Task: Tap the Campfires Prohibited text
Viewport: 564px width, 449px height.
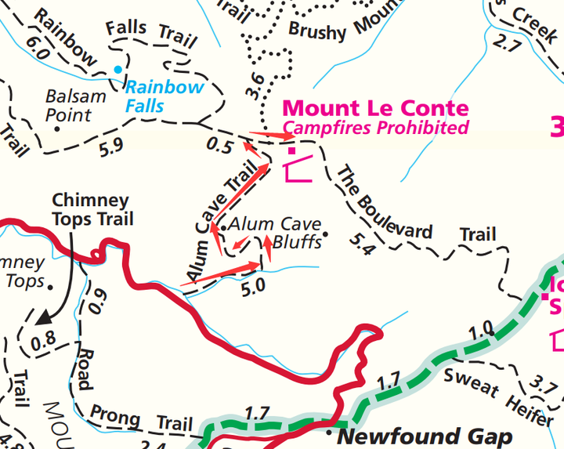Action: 375,128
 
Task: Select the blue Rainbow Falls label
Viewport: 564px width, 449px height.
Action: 164,95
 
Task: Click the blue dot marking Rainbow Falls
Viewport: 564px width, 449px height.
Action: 118,70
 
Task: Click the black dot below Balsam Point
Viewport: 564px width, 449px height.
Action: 57,129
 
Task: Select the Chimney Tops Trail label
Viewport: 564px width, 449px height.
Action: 92,210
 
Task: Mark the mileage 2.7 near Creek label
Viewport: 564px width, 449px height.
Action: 507,45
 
